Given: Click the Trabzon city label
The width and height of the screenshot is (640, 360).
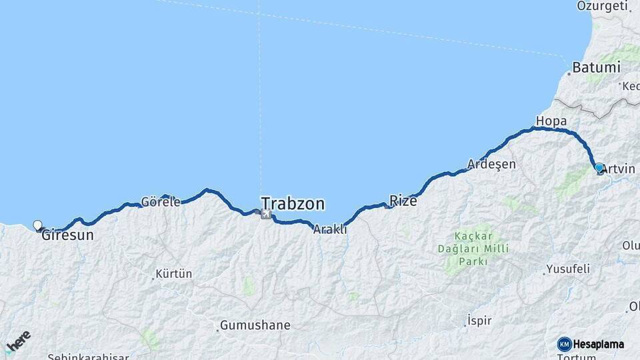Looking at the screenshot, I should click(293, 203).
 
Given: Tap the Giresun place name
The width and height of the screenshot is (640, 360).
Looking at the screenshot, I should click(67, 235).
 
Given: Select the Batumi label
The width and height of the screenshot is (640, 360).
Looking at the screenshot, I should click(598, 68).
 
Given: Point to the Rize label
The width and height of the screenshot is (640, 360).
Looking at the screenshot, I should click(403, 200).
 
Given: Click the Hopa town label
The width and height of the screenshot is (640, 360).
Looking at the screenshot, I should click(551, 121).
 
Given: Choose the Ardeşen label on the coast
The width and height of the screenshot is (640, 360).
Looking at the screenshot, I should click(492, 164).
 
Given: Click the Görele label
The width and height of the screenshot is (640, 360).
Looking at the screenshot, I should click(161, 202).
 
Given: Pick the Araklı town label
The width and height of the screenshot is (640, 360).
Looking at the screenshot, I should click(330, 229).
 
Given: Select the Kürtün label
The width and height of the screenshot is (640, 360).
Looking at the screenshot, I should click(173, 273).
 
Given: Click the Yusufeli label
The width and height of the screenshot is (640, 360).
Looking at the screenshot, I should click(568, 269).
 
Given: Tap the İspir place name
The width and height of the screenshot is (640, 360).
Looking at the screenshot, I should click(479, 321).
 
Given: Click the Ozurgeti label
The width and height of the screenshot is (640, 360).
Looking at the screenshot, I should click(603, 7).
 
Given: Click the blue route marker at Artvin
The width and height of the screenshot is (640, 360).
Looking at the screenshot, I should click(599, 168).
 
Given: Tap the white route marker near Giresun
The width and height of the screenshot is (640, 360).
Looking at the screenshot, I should click(37, 225).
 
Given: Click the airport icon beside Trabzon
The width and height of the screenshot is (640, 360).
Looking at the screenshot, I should click(266, 214).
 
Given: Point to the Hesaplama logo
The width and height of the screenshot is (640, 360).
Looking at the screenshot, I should click(591, 344).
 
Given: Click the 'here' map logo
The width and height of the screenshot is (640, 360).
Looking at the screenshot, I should click(19, 343).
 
